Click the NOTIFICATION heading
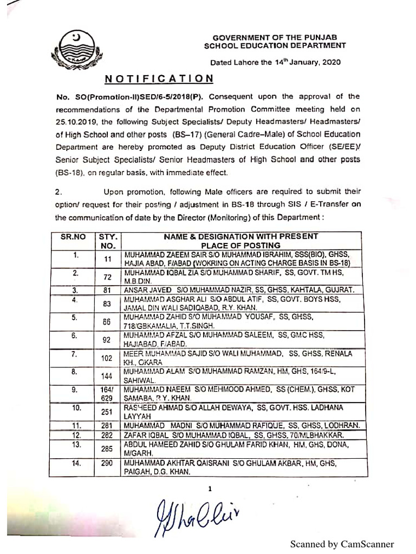pos(159,79)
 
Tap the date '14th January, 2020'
pos(308,62)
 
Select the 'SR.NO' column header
pos(73,236)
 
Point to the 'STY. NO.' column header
pos(108,241)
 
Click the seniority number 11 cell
pos(107,259)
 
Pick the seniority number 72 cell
pos(107,277)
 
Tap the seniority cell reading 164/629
pos(107,393)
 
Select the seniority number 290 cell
pos(107,464)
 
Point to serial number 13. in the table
pos(76,444)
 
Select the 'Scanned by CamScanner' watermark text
pos(342,544)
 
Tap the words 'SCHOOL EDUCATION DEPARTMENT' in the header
pos(275,47)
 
